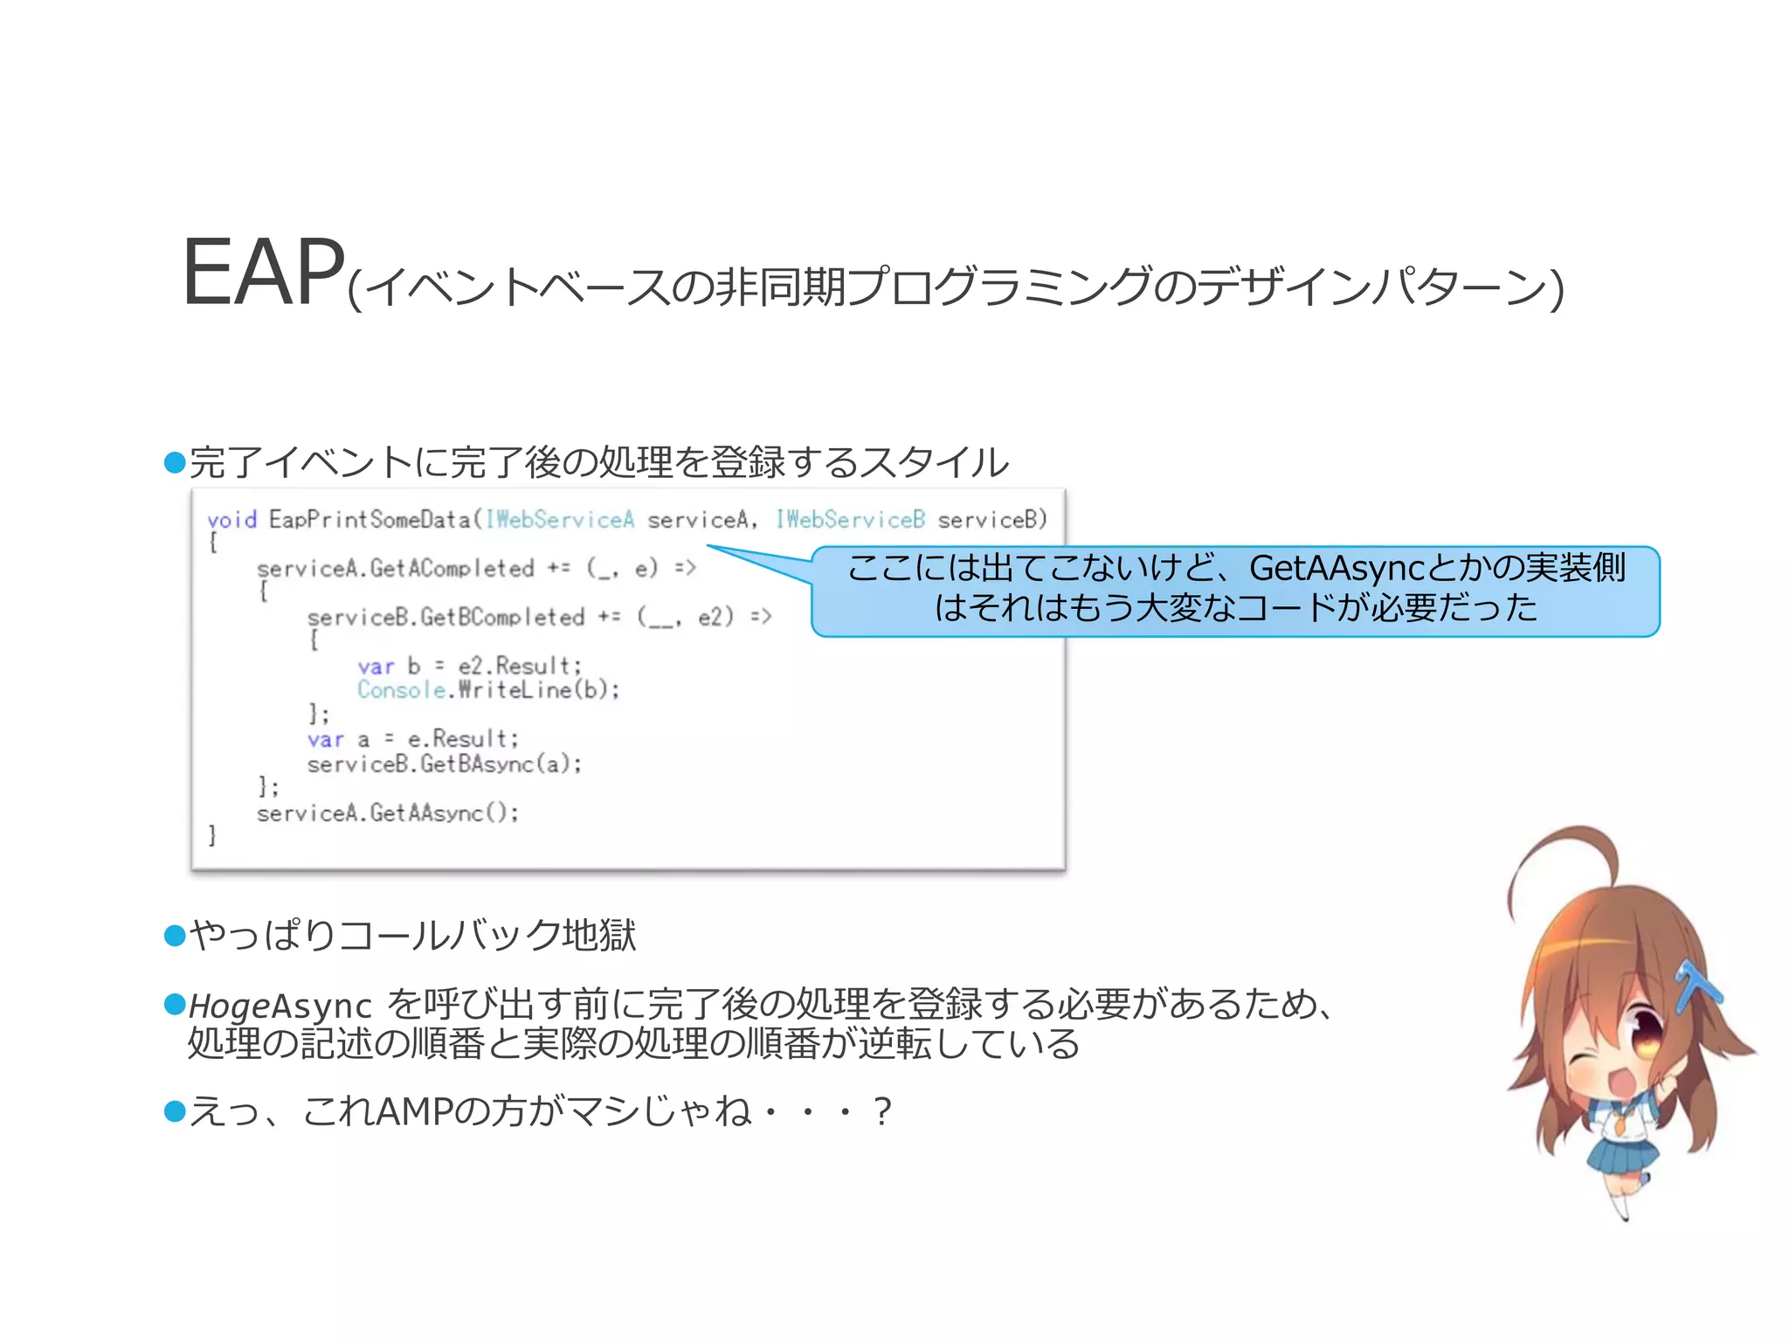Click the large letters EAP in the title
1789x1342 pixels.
tap(262, 273)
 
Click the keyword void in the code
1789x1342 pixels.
tap(231, 520)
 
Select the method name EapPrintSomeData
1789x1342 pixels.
tap(370, 520)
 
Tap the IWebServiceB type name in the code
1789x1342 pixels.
tap(850, 520)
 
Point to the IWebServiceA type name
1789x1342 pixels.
tap(560, 520)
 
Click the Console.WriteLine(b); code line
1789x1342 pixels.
tap(488, 690)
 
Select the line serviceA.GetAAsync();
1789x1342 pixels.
tap(387, 813)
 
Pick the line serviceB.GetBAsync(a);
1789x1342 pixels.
tap(444, 764)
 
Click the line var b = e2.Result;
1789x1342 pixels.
tap(469, 666)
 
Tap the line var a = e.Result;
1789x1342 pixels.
tap(412, 739)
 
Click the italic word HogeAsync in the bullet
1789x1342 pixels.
tap(280, 1006)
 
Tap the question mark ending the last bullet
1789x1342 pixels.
tap(882, 1112)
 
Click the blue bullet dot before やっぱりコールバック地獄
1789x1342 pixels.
tap(176, 936)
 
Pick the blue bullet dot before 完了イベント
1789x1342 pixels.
tap(176, 462)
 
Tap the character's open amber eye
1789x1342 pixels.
tap(1647, 1034)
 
